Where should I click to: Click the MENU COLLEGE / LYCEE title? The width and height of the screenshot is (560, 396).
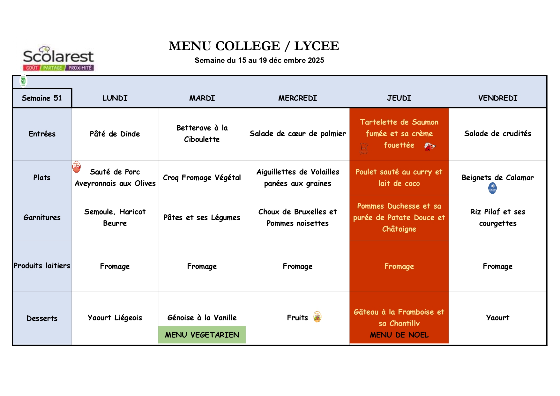pyautogui.click(x=254, y=46)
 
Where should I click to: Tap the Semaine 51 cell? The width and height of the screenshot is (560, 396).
pyautogui.click(x=42, y=98)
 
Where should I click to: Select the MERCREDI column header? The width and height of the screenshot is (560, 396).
pyautogui.click(x=297, y=98)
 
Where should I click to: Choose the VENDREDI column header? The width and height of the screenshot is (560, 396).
pyautogui.click(x=497, y=98)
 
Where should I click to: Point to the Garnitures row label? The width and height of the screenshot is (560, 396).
pyautogui.click(x=42, y=218)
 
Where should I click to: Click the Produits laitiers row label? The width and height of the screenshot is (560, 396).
pyautogui.click(x=42, y=266)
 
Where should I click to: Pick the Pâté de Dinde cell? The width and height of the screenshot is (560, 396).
pyautogui.click(x=115, y=134)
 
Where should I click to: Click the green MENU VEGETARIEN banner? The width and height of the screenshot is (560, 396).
pyautogui.click(x=202, y=335)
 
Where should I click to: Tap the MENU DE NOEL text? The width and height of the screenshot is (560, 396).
pyautogui.click(x=399, y=335)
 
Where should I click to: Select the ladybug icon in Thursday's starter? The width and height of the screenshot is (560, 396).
pyautogui.click(x=429, y=147)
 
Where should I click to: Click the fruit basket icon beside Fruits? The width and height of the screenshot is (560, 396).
pyautogui.click(x=317, y=317)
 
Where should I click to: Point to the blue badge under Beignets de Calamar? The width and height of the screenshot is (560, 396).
pyautogui.click(x=492, y=188)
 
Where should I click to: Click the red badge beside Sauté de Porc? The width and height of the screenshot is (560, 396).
pyautogui.click(x=77, y=167)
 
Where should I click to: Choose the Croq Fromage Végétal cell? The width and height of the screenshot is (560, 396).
pyautogui.click(x=202, y=178)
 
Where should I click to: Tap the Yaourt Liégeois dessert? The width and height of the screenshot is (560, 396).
pyautogui.click(x=115, y=318)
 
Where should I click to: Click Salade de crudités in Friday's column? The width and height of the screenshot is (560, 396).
pyautogui.click(x=497, y=134)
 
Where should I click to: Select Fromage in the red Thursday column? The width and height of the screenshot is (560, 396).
pyautogui.click(x=399, y=266)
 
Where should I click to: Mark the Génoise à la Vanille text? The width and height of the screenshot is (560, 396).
pyautogui.click(x=202, y=318)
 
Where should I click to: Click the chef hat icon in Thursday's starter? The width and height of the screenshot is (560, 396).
pyautogui.click(x=364, y=148)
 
